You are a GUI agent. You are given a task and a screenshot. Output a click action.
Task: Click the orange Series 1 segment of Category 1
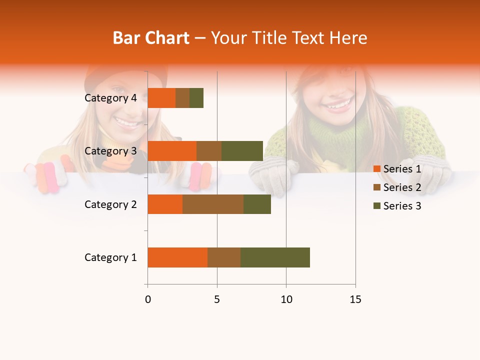pyautogui.click(x=177, y=257)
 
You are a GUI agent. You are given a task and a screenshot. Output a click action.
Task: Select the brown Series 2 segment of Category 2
pyautogui.click(x=213, y=204)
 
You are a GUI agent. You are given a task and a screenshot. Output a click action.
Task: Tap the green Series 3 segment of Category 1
pyautogui.click(x=275, y=257)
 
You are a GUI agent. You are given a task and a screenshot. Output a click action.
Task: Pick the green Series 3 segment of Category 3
pyautogui.click(x=242, y=151)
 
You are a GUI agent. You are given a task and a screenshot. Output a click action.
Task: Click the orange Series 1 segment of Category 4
pyautogui.click(x=161, y=98)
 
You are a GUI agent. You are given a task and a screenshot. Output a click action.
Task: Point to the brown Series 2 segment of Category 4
pyautogui.click(x=182, y=98)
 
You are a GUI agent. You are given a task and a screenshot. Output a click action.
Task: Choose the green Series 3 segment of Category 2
pyautogui.click(x=257, y=204)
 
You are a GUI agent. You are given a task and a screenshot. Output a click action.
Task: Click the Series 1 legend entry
pyautogui.click(x=397, y=169)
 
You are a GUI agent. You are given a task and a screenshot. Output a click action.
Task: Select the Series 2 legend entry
pyautogui.click(x=397, y=187)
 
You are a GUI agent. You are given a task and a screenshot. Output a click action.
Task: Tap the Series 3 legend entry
pyautogui.click(x=397, y=206)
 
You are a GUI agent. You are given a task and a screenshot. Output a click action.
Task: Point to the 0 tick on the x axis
pyautogui.click(x=147, y=299)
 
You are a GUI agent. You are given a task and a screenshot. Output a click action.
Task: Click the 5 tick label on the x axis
pyautogui.click(x=217, y=299)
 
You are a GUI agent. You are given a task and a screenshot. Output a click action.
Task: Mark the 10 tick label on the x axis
pyautogui.click(x=286, y=299)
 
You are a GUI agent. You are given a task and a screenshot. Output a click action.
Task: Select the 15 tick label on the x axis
pyautogui.click(x=355, y=299)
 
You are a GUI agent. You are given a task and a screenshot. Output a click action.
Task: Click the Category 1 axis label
pyautogui.click(x=110, y=257)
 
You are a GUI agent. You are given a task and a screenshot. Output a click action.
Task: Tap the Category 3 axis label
pyautogui.click(x=110, y=151)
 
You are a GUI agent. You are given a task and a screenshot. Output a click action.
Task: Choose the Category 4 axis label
pyautogui.click(x=110, y=98)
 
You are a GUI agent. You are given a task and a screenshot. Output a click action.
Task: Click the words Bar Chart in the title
pyautogui.click(x=151, y=37)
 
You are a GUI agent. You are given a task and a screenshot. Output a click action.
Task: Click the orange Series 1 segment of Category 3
pyautogui.click(x=172, y=151)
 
